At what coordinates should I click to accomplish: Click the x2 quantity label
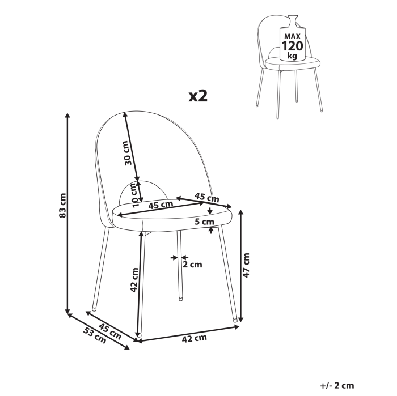pyautogui.click(x=198, y=95)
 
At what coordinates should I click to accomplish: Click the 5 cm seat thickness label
pyautogui.click(x=204, y=222)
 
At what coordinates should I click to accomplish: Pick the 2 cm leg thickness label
pyautogui.click(x=192, y=263)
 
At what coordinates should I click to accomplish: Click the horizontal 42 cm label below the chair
pyautogui.click(x=194, y=338)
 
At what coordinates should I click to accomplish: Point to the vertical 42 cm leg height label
pyautogui.click(x=134, y=279)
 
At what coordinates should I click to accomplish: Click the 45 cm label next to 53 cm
pyautogui.click(x=110, y=330)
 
